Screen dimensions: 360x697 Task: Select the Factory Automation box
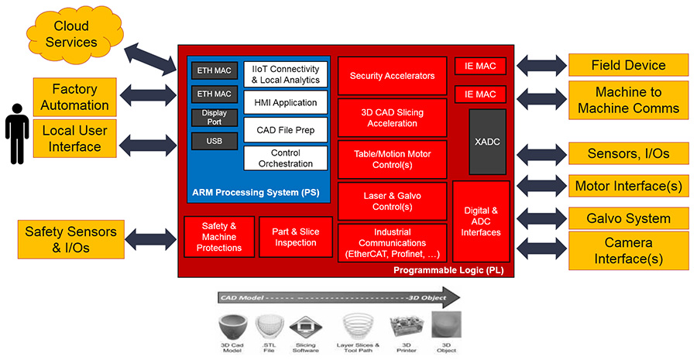[75, 98]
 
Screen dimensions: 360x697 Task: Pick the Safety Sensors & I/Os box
[70, 239]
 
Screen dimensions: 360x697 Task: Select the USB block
[215, 142]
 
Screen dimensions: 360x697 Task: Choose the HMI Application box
[285, 102]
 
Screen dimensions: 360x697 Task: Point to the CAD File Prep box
[285, 129]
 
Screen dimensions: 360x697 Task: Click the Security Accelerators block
[392, 76]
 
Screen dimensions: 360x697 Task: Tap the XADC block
[487, 142]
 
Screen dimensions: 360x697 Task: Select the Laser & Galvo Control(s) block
[392, 201]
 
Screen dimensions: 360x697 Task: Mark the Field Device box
[628, 66]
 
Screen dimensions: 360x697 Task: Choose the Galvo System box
[628, 218]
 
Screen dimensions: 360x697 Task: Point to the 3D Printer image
[403, 326]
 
